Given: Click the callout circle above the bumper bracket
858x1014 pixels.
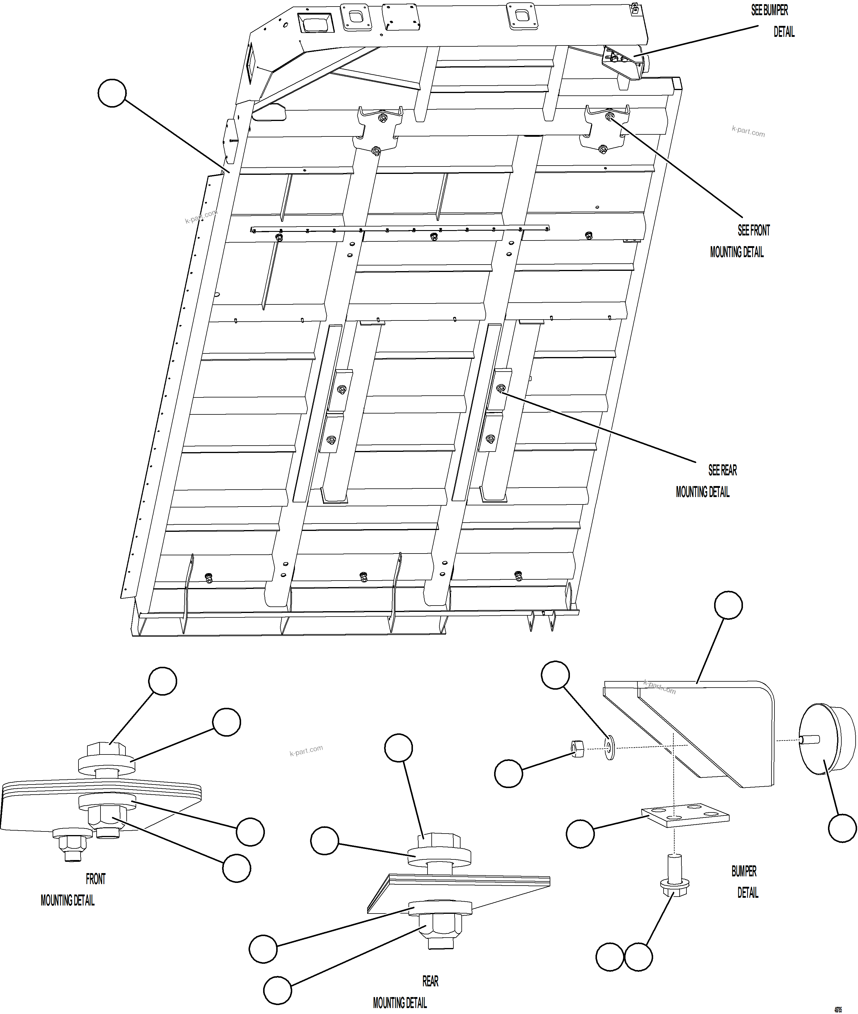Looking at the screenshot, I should point(728,605).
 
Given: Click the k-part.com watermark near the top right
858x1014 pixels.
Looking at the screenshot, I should point(748,131).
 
